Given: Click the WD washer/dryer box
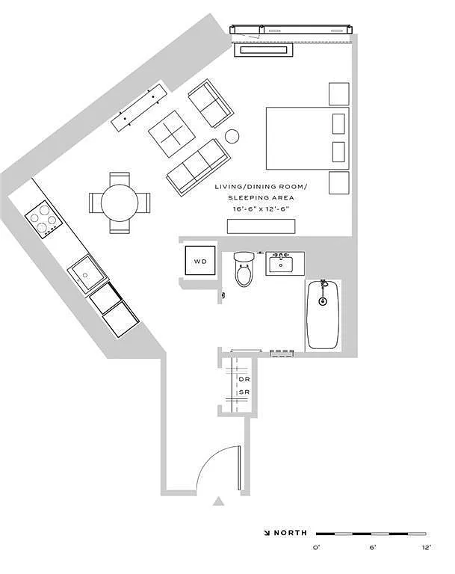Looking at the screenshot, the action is point(200,260).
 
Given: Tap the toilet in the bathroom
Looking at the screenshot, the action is point(244,269).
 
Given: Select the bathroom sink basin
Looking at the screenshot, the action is point(281,265).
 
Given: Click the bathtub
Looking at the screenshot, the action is point(323,315).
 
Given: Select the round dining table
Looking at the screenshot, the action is point(120,203).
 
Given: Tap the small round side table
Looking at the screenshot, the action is point(232,136).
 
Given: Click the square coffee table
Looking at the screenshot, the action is point(171,134).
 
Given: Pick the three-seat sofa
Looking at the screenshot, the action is point(199,167).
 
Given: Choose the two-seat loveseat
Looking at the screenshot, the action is point(211,103).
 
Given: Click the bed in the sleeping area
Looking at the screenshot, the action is point(308,138).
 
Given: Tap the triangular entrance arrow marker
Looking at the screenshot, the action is point(218,502).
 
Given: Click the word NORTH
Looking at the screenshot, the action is point(291,533).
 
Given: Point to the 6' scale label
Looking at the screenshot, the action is point(373,548).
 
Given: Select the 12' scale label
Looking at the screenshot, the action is point(427,548).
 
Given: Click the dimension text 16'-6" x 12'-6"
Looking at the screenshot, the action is point(261,209).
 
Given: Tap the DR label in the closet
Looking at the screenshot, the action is point(244,380).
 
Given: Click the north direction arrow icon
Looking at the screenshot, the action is point(267,533).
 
